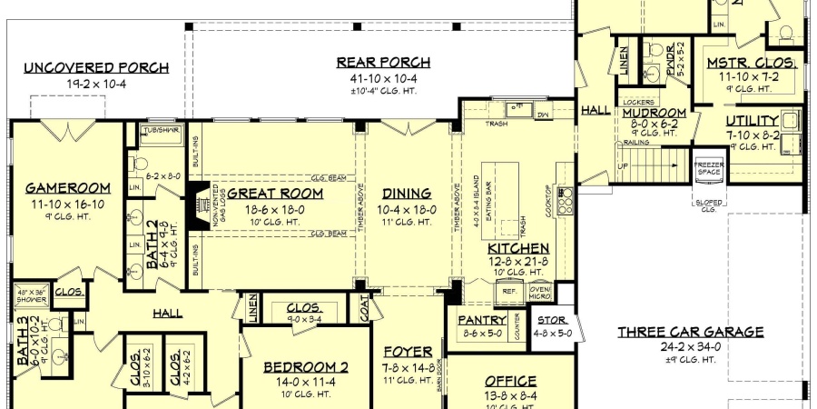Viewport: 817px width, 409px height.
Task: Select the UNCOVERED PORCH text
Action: click(96, 68)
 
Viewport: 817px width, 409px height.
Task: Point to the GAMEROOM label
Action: click(68, 188)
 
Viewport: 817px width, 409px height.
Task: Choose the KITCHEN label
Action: click(518, 248)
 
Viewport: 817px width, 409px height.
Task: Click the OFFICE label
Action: click(511, 381)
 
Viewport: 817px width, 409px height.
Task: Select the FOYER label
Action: click(401, 352)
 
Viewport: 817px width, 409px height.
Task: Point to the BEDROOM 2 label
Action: click(306, 367)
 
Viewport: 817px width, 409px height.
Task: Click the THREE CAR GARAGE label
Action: click(691, 333)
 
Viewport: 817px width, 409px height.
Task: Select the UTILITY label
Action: click(752, 121)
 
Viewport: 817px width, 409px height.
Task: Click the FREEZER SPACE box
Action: click(709, 167)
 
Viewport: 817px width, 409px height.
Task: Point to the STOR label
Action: click(553, 321)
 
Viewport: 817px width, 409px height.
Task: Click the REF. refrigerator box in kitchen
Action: click(508, 292)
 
